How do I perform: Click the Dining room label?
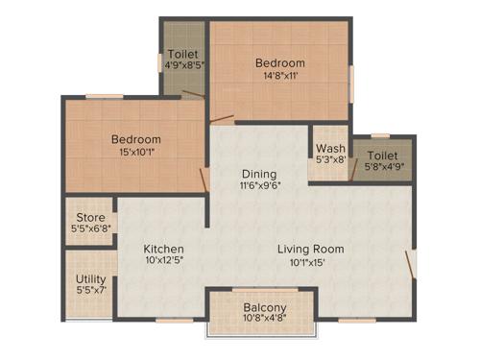(x=260, y=173)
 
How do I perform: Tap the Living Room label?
(x=310, y=250)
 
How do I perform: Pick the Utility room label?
(x=91, y=278)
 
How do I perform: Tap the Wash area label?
(x=330, y=149)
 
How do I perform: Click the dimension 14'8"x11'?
(x=279, y=77)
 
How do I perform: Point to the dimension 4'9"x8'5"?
(x=183, y=67)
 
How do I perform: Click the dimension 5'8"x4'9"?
(x=382, y=167)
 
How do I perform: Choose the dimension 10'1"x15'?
(x=310, y=262)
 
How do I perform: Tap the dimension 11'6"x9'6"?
(x=260, y=186)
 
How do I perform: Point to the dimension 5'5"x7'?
(x=91, y=290)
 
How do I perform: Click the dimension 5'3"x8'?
(x=330, y=160)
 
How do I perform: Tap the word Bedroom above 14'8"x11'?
(x=279, y=63)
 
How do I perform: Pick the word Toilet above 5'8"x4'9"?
(x=382, y=155)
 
